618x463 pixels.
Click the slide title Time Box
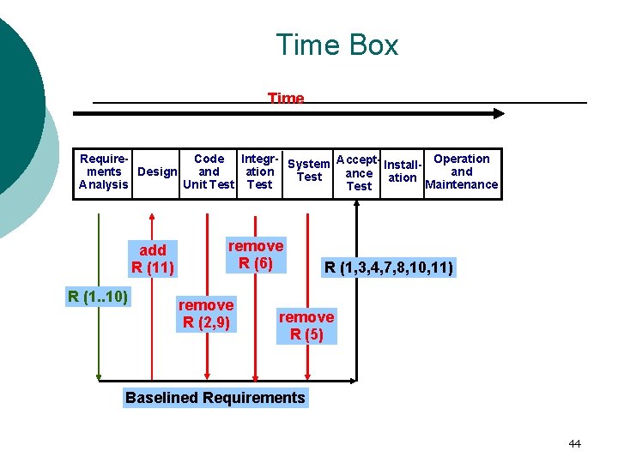pos(336,45)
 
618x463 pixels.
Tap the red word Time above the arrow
pos(286,99)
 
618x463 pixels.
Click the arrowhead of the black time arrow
pos(498,113)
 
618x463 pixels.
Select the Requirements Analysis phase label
pos(103,171)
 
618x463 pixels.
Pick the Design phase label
pos(158,171)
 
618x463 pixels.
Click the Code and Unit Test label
pos(209,171)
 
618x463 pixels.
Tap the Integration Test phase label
pos(259,171)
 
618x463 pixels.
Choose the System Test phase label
pos(309,171)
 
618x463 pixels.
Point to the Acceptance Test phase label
pos(359,172)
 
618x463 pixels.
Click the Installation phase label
pos(402,171)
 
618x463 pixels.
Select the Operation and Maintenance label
pos(462,171)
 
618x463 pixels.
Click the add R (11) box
pos(153,259)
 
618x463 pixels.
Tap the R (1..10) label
pos(98,298)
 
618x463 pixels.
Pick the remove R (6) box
pos(256,255)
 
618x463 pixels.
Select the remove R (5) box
pos(306,326)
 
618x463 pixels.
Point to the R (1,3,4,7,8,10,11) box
pos(388,268)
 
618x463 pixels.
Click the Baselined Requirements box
pos(215,397)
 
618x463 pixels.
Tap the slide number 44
pos(574,443)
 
